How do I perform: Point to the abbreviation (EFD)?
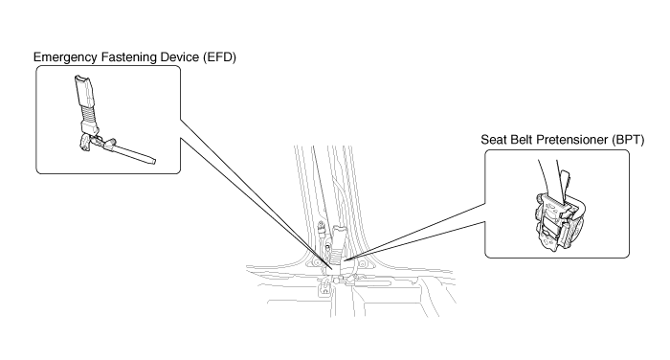pos(219,57)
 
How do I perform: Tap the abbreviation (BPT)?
pos(628,140)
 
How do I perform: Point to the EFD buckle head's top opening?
pos(79,79)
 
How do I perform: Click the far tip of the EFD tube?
pos(154,162)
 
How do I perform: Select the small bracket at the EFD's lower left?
pos(84,142)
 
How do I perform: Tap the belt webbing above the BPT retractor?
pos(549,175)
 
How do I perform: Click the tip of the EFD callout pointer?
pos(332,269)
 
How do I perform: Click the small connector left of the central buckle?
pos(320,228)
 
